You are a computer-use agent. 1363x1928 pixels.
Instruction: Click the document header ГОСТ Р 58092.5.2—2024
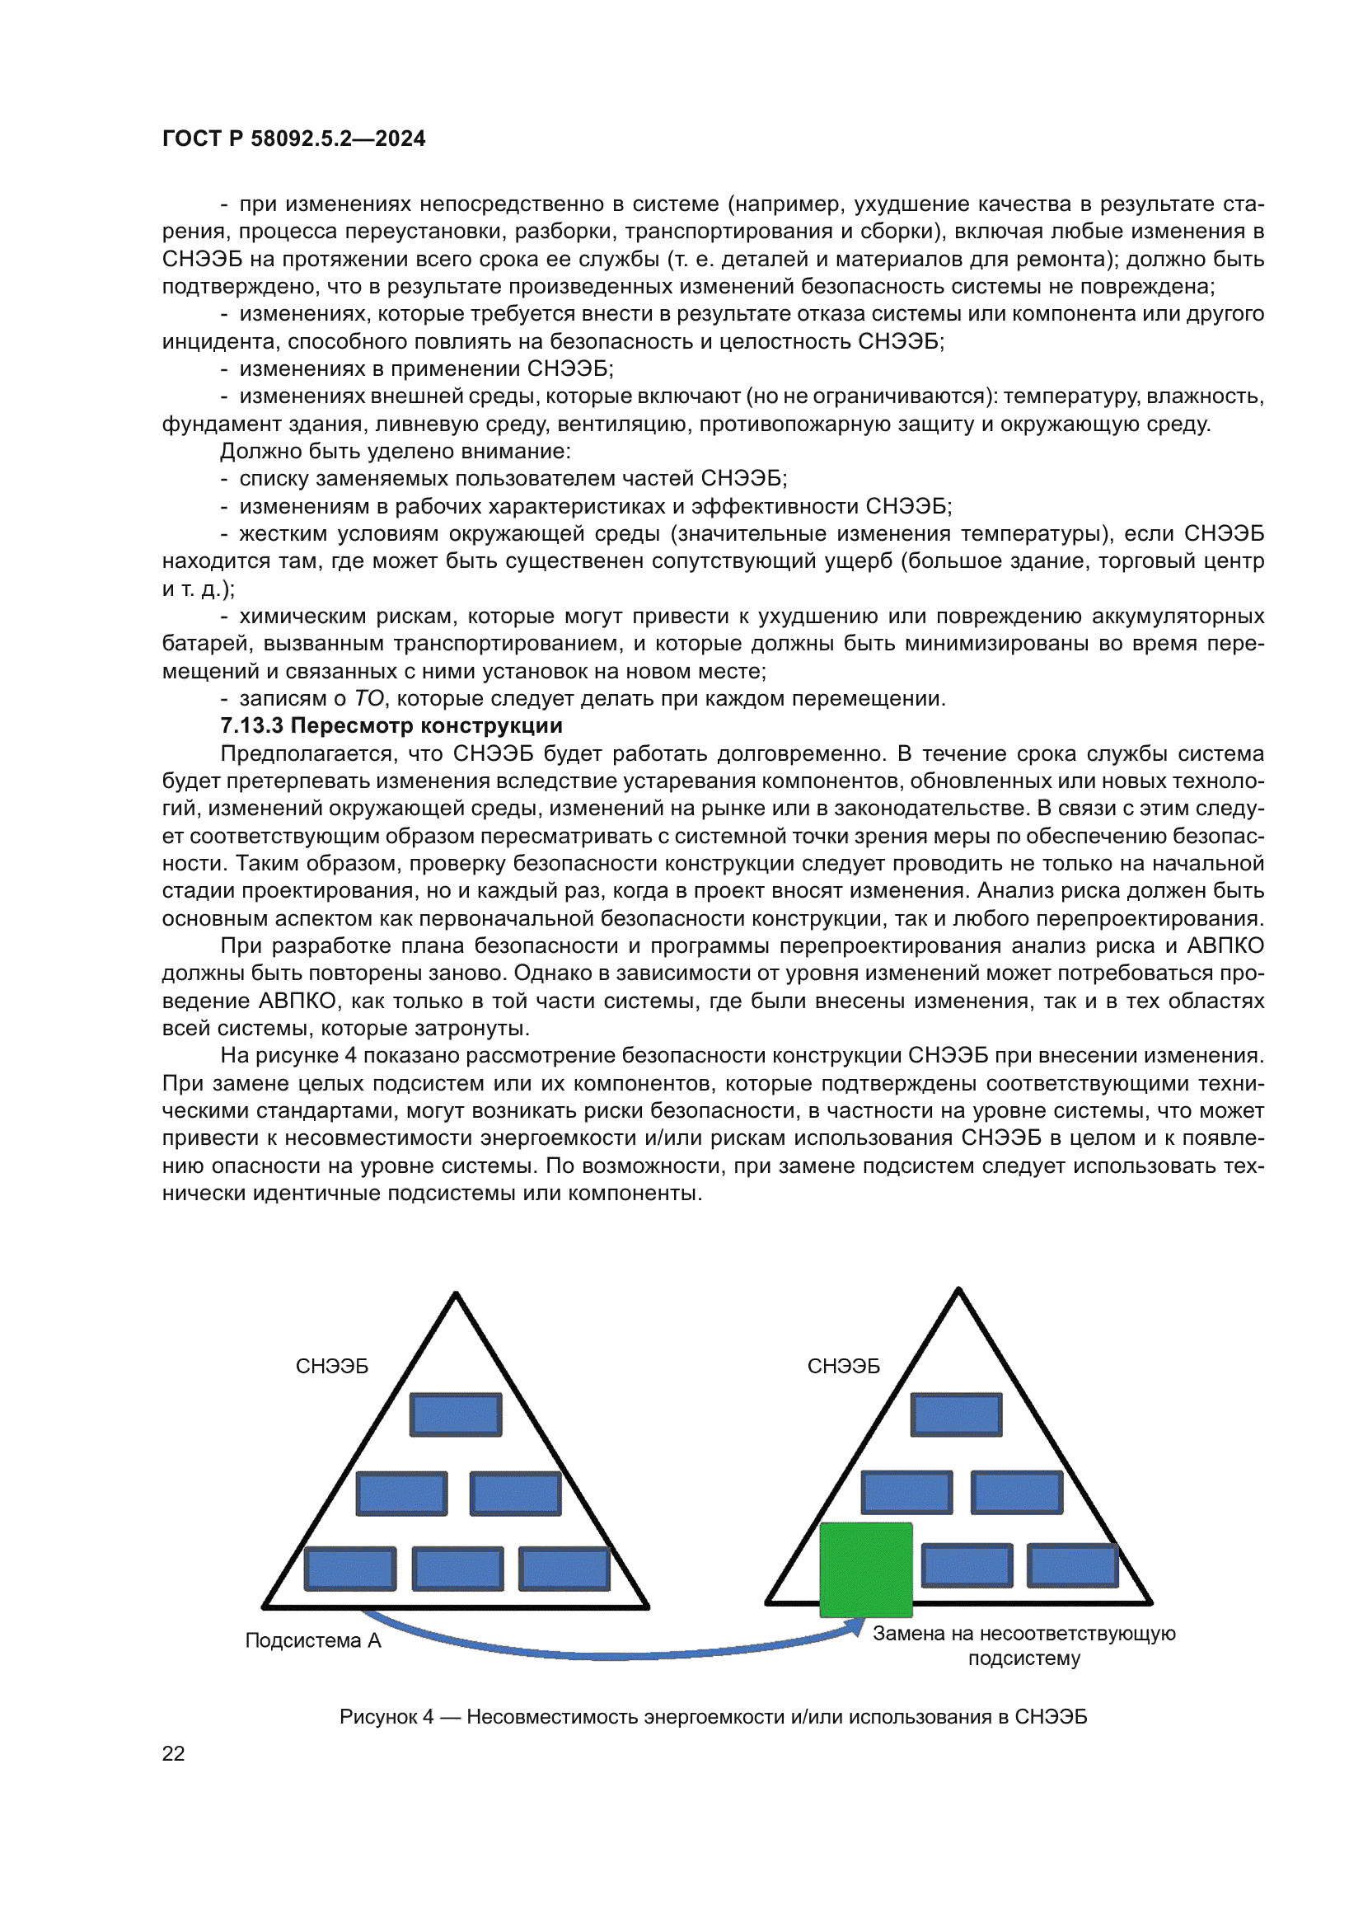pos(293,138)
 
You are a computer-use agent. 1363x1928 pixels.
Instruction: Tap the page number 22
pos(173,1753)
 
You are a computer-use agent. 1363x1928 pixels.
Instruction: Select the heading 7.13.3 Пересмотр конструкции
pos(391,725)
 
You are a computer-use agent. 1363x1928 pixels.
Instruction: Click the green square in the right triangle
pos(865,1569)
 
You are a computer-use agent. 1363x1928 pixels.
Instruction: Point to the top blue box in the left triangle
pos(456,1415)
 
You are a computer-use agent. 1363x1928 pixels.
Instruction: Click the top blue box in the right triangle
pos(956,1415)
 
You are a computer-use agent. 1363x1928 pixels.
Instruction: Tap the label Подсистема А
pos(313,1640)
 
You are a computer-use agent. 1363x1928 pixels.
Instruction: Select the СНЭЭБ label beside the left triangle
pos(331,1366)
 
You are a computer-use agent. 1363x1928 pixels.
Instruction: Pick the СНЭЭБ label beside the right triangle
pos(844,1366)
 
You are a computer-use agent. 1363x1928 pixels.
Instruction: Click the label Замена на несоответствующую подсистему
pos(1024,1645)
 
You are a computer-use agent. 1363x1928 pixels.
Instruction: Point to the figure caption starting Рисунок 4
pos(713,1716)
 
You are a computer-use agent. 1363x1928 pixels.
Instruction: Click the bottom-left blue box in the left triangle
pos(350,1569)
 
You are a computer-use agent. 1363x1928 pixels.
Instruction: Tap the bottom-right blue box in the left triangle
pos(564,1569)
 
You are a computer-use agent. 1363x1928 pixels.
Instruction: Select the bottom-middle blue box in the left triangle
pos(457,1569)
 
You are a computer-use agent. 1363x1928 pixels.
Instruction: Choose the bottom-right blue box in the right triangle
pos(1073,1566)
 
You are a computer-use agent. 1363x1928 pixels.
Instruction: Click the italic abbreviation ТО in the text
pos(368,699)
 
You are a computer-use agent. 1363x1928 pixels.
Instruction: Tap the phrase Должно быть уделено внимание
pos(395,451)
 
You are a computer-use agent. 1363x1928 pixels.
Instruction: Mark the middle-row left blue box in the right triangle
pos(906,1493)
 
